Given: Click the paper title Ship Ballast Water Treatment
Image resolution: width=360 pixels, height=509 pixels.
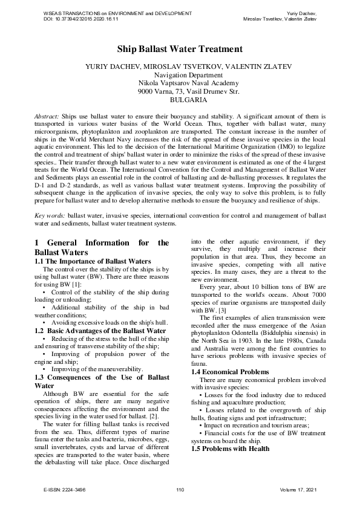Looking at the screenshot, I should click(x=180, y=49).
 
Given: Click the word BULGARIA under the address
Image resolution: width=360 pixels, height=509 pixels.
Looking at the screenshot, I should click(x=180, y=100).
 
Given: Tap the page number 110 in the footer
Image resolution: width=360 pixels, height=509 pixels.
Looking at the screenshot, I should click(x=180, y=488).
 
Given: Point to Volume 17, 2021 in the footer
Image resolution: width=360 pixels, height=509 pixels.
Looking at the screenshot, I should click(x=299, y=488).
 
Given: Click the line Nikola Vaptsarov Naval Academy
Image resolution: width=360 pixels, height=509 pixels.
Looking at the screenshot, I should click(x=180, y=83).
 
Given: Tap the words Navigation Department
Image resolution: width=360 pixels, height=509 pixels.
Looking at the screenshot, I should click(x=180, y=74).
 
